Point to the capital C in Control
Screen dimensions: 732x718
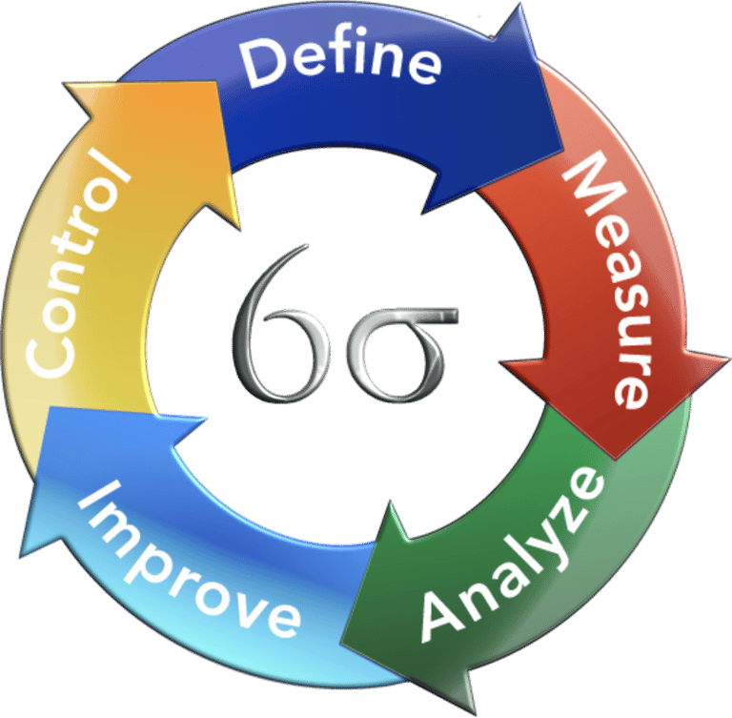click(x=49, y=353)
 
